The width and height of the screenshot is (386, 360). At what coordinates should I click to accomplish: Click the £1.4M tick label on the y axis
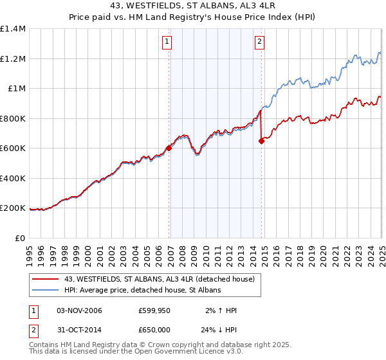click(x=13, y=29)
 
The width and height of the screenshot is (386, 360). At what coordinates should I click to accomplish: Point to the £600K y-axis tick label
click(x=13, y=148)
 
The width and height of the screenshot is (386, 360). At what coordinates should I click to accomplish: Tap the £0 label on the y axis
click(x=21, y=239)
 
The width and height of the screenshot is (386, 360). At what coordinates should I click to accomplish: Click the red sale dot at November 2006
click(x=169, y=148)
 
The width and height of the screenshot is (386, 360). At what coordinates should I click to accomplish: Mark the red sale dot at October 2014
click(x=262, y=141)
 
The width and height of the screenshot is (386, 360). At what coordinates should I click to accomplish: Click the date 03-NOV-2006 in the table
click(x=79, y=310)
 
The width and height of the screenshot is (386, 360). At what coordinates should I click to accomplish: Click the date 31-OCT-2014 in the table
click(x=79, y=331)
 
